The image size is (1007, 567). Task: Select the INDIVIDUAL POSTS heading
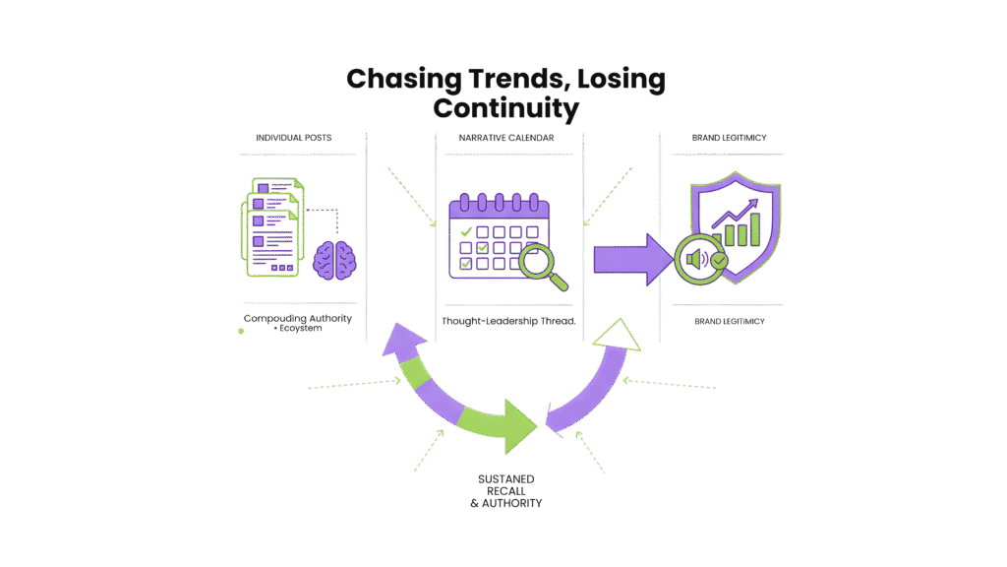[293, 138]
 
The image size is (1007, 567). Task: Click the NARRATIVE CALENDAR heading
[506, 138]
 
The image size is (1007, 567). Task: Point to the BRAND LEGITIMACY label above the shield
[730, 138]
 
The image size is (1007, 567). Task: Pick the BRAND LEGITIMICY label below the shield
[730, 321]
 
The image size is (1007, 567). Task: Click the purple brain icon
[334, 258]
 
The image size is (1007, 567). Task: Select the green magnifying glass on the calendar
[544, 266]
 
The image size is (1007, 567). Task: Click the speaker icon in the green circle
[696, 260]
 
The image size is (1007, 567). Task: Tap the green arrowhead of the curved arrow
[515, 423]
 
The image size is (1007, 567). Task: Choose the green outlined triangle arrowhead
[614, 335]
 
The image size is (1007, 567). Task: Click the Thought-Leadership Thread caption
[508, 322]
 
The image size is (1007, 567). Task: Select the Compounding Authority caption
[297, 318]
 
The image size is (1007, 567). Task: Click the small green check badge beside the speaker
[720, 261]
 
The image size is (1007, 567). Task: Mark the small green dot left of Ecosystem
[241, 331]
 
